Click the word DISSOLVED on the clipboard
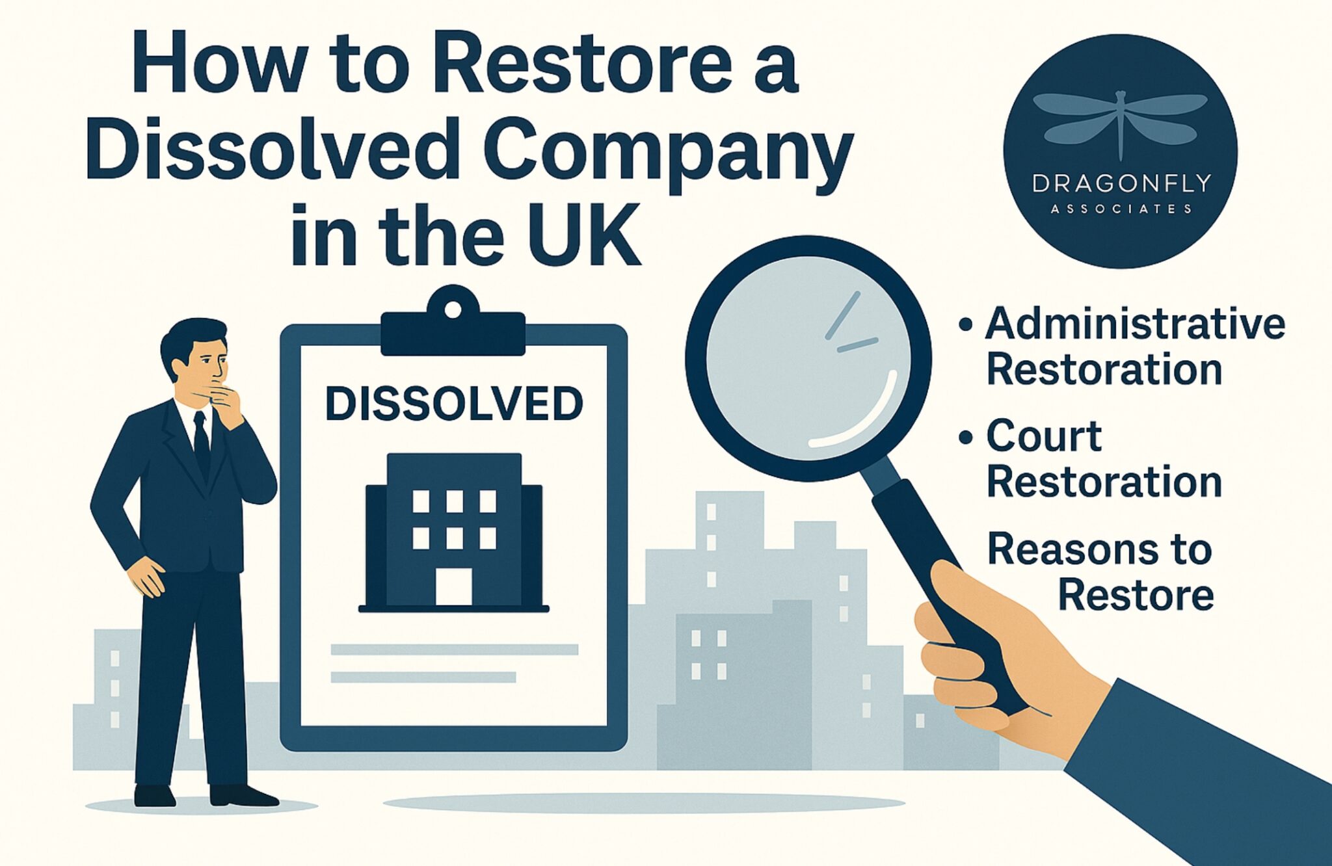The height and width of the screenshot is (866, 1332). [x=454, y=404]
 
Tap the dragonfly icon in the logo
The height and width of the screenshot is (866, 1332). [x=1120, y=124]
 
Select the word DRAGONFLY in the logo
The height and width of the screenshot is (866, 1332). [x=1121, y=183]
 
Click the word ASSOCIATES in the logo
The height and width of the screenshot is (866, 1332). [x=1121, y=209]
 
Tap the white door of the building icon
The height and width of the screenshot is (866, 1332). [x=453, y=587]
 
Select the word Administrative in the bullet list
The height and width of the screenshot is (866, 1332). [x=1136, y=323]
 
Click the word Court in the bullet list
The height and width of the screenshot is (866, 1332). [x=1044, y=436]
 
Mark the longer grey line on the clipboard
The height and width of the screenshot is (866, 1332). [x=455, y=649]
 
